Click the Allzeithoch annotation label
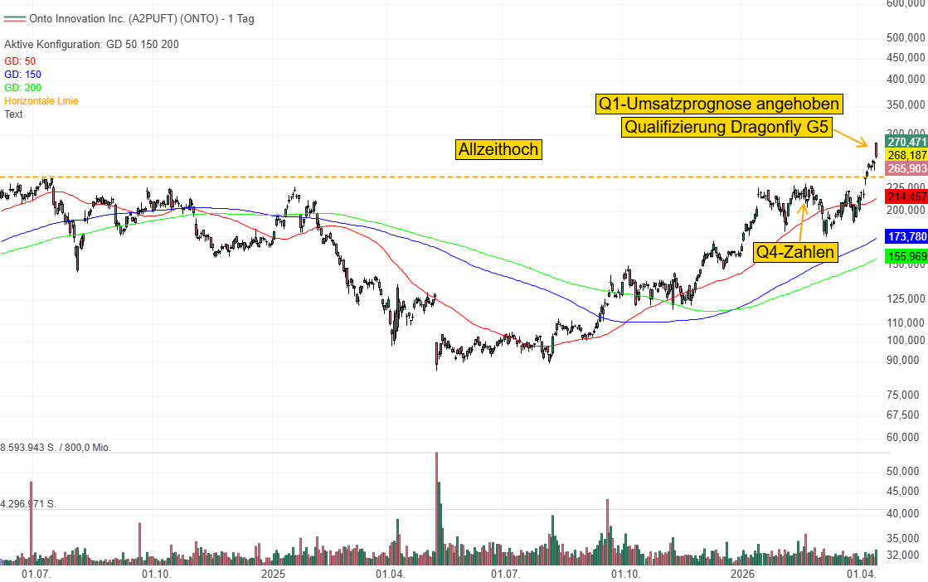pos(498,149)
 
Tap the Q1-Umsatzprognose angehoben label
pos(719,104)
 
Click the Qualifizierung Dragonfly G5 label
pos(726,128)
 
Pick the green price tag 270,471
pos(906,142)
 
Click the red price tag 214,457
pos(906,196)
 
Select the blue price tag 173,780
pos(906,237)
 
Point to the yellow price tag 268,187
pos(906,155)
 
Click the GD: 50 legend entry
pos(20,61)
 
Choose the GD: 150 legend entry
pos(22,74)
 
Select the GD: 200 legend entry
pos(22,87)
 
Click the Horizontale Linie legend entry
pos(41,100)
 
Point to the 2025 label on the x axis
pos(273,574)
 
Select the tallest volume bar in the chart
pos(436,507)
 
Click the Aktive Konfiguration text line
pos(91,44)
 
